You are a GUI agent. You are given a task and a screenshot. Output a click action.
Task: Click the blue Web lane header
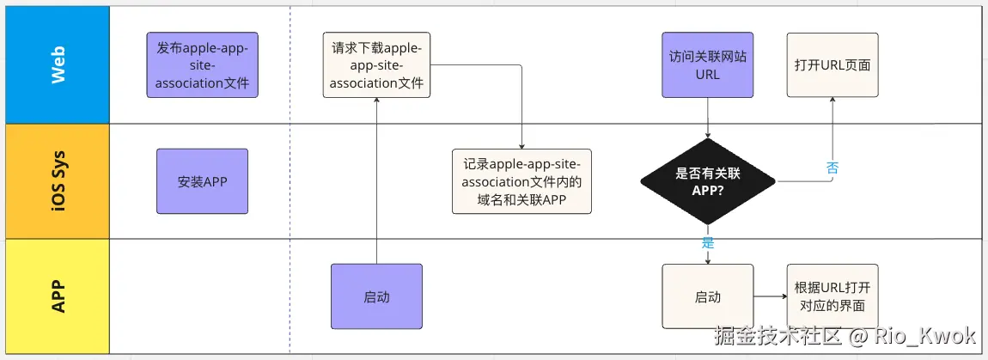click(x=58, y=64)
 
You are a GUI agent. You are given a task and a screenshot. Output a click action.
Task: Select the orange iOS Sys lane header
click(x=58, y=181)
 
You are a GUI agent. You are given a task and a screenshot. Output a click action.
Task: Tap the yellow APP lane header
click(x=58, y=296)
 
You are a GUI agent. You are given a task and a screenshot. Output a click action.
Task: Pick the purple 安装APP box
click(x=202, y=181)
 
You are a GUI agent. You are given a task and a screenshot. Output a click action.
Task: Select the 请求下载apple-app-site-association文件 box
click(x=376, y=65)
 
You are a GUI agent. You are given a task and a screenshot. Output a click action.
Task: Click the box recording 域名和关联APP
click(x=521, y=181)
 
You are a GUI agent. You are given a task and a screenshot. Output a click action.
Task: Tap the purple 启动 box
click(x=376, y=296)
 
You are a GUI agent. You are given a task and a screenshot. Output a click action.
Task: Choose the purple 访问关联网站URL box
click(x=707, y=65)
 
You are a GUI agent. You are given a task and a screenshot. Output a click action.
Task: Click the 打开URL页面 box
click(x=832, y=65)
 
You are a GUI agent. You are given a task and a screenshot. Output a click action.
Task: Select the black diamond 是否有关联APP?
click(x=707, y=181)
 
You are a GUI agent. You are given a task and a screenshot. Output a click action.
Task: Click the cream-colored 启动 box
click(x=707, y=296)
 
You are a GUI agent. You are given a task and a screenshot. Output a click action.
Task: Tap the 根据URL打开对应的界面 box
click(x=832, y=296)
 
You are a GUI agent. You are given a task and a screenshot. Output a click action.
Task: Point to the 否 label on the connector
click(x=832, y=168)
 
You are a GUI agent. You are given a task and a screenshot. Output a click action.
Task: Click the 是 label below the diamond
click(x=708, y=242)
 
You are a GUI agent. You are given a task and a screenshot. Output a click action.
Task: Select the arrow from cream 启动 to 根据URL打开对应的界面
click(x=770, y=296)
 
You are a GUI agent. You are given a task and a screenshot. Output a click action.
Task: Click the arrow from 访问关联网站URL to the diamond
click(x=707, y=118)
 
